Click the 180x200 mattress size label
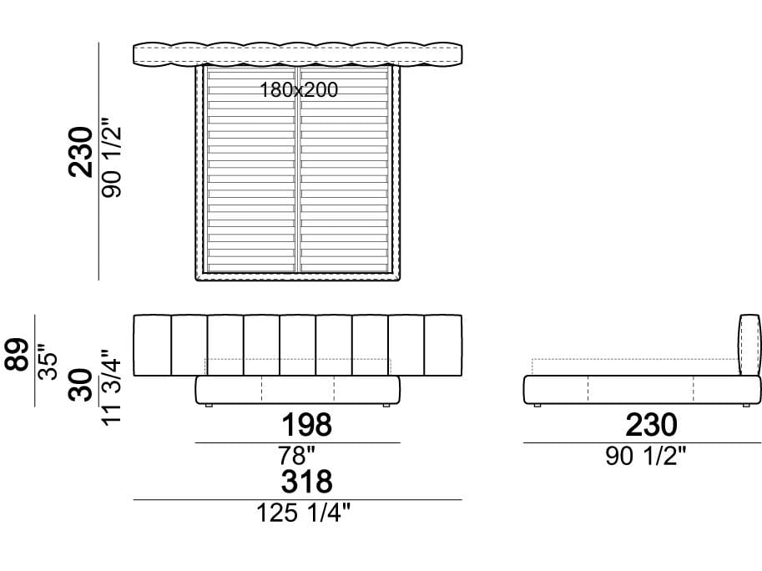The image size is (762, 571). click(299, 90)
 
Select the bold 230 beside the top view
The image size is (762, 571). click(81, 152)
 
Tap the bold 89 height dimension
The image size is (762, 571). click(18, 354)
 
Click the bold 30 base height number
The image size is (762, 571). click(81, 384)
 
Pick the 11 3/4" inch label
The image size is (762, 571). click(111, 387)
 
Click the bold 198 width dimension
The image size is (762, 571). click(307, 424)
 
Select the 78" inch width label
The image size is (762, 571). click(296, 456)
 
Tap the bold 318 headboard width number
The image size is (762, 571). click(307, 481)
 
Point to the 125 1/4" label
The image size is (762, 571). click(303, 513)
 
